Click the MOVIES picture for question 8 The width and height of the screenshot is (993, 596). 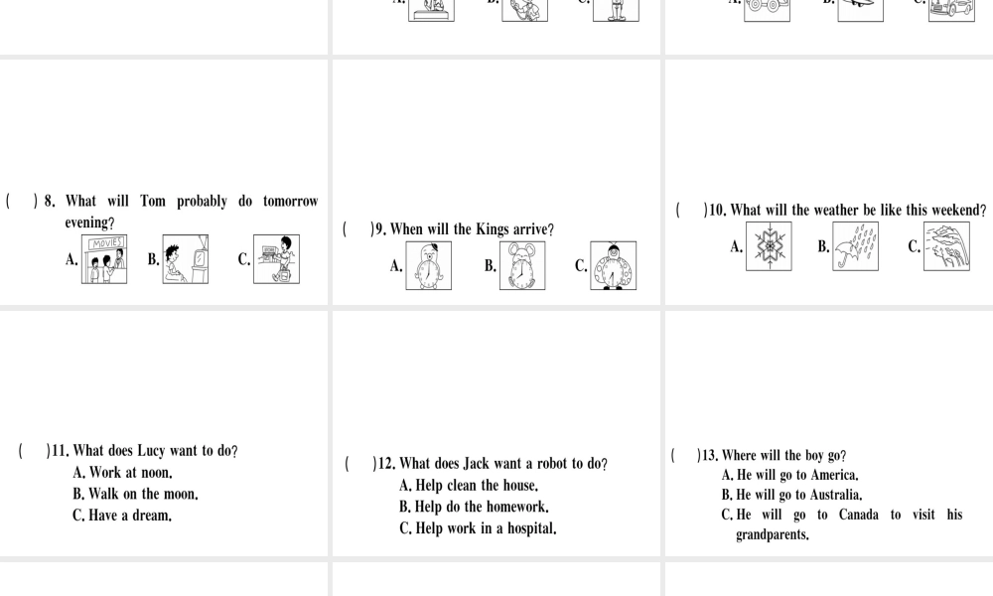(104, 259)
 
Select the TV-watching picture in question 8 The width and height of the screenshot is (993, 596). (186, 259)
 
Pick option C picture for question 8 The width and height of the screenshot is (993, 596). (277, 259)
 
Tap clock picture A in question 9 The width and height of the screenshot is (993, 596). (429, 265)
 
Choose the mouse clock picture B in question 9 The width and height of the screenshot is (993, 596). (522, 265)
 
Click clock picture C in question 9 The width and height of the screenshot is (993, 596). (614, 265)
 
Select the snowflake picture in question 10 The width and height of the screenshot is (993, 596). (769, 246)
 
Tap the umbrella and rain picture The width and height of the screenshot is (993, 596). (856, 246)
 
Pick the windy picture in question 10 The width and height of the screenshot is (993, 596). (946, 246)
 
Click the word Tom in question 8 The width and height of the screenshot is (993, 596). (153, 202)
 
